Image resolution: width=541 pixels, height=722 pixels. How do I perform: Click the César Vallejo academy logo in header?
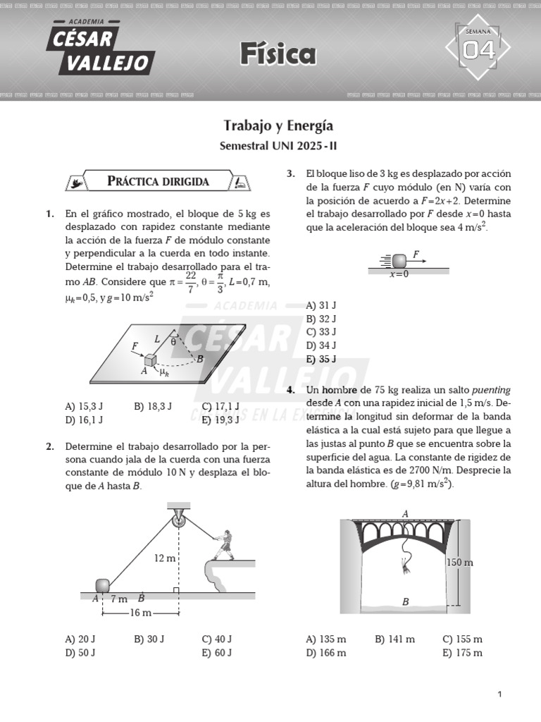coord(99,48)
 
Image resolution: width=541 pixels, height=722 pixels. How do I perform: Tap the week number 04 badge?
coord(478,50)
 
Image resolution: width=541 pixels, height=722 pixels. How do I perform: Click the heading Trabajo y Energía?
coord(278,126)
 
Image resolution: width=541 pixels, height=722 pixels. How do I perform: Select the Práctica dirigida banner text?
coord(158,181)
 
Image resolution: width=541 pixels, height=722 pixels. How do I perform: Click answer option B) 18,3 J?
coord(153,406)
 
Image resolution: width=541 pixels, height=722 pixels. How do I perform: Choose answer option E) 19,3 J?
coord(220,420)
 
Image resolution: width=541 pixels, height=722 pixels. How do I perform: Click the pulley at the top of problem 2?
coord(178,521)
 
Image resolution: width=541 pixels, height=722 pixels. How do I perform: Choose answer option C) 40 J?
coord(217,639)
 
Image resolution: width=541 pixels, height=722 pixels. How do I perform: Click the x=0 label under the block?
coord(399,274)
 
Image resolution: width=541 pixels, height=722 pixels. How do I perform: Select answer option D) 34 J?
coord(321,345)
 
